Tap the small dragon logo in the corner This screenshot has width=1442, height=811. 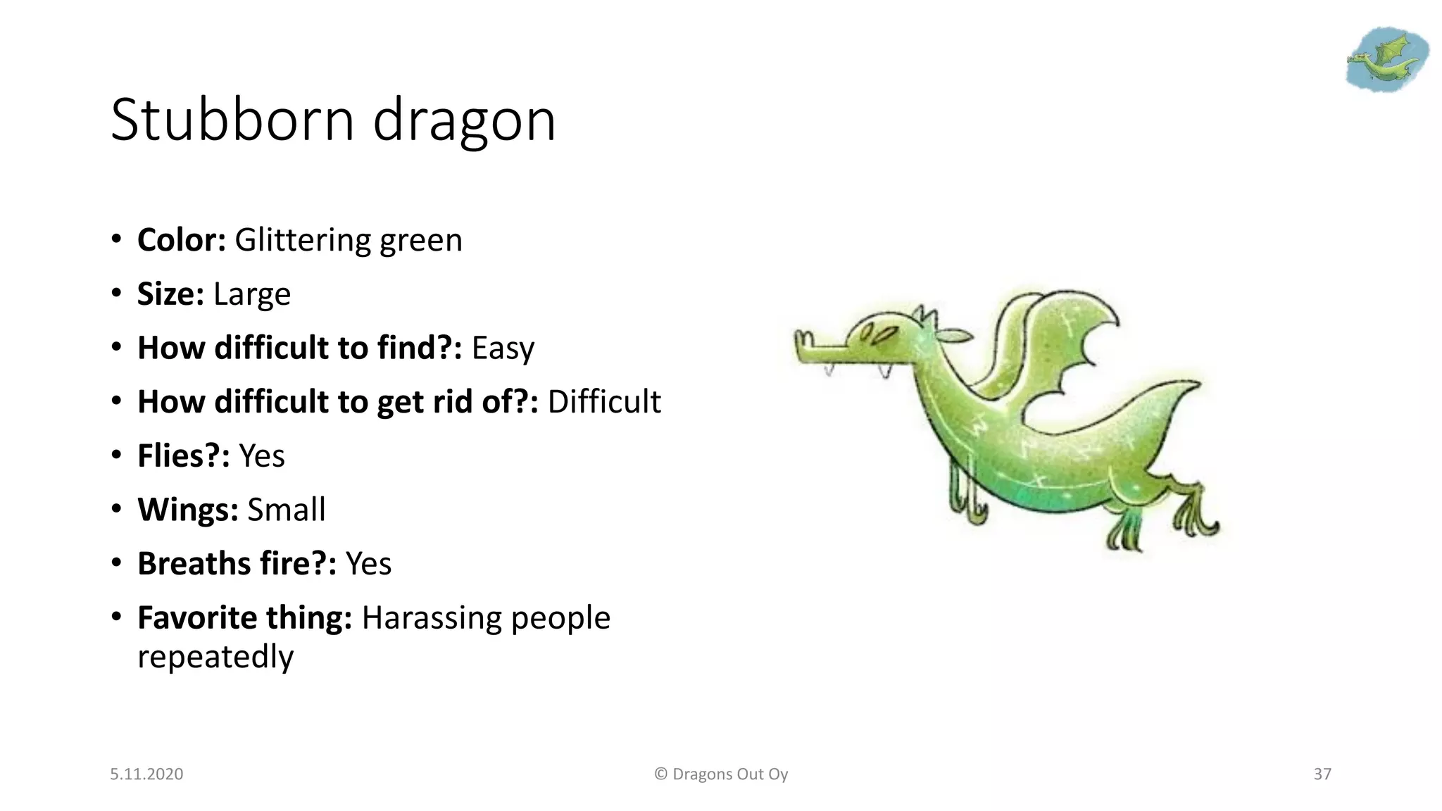1386,60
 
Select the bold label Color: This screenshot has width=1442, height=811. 181,240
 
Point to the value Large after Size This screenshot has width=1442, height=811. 251,294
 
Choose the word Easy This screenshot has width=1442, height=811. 503,348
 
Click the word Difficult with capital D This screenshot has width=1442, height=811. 604,402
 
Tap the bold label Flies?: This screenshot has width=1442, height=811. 183,456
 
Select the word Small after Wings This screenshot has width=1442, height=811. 286,510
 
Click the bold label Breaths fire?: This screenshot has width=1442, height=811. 237,564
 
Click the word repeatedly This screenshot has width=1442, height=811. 215,657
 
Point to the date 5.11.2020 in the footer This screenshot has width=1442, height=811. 146,774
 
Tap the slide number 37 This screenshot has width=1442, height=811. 1322,774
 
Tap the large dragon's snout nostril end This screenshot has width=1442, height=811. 801,341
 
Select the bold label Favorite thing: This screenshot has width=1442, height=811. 244,618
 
